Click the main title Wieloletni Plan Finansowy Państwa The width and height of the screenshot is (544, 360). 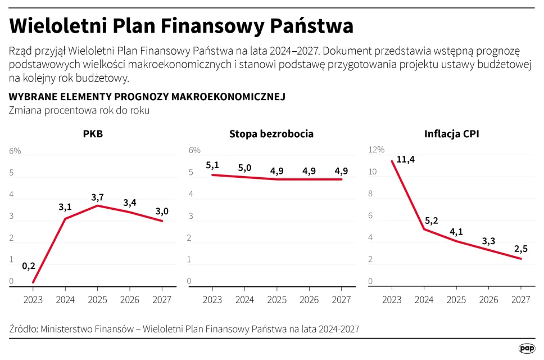click(181, 26)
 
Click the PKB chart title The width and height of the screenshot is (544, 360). click(93, 134)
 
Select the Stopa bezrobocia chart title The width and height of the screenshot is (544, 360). click(271, 134)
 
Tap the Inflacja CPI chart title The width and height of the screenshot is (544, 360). click(451, 134)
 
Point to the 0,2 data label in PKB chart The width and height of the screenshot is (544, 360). click(29, 267)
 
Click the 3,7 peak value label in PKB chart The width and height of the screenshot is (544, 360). click(98, 197)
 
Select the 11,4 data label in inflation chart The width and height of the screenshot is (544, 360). click(405, 159)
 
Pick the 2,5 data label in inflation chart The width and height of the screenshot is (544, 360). click(521, 248)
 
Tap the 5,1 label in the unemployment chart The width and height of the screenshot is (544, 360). click(212, 165)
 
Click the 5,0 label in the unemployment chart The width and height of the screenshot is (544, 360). click(244, 168)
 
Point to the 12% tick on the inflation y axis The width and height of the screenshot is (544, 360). click(376, 150)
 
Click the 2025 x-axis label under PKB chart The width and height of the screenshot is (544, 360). click(98, 300)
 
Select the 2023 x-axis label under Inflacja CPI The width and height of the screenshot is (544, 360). click(392, 300)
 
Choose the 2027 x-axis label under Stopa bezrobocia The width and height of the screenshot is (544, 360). click(341, 300)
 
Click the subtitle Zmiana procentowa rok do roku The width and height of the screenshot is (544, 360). click(79, 110)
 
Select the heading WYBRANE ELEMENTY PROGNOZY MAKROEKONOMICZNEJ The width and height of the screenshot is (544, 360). click(147, 97)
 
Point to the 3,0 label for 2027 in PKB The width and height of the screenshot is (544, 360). click(162, 211)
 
